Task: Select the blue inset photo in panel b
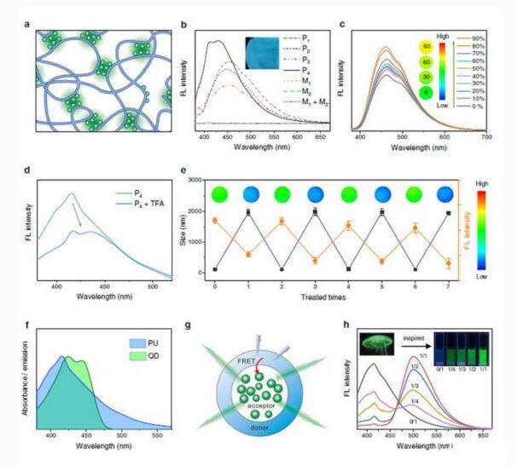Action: [265, 52]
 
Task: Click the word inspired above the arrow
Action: [411, 331]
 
